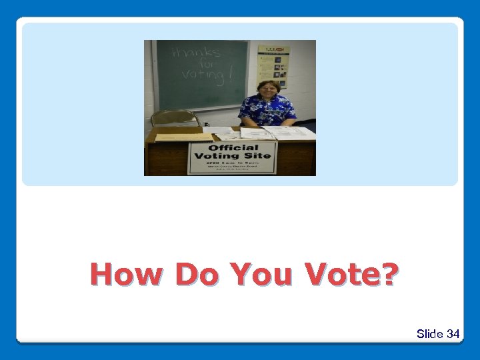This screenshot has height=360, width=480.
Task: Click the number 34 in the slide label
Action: [x=453, y=333]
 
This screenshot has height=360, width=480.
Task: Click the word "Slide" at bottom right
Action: [x=430, y=333]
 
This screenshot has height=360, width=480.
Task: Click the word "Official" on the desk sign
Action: [x=233, y=147]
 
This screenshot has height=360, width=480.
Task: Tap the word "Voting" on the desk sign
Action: [x=215, y=156]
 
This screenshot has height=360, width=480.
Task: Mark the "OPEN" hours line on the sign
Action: [x=233, y=163]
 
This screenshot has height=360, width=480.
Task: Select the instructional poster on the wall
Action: [x=273, y=67]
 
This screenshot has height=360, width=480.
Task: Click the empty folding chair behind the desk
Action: [x=175, y=118]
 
